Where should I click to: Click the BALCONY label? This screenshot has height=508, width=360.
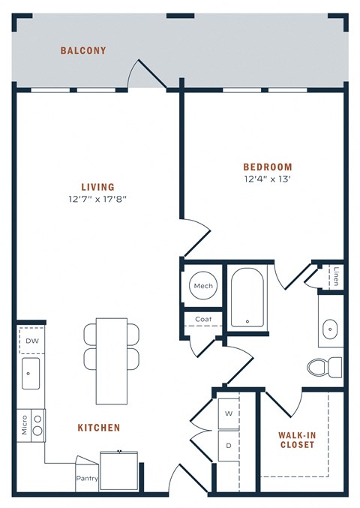coord(83,51)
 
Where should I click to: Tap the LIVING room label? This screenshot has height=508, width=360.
coord(98,187)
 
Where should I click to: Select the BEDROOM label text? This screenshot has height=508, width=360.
coord(267,167)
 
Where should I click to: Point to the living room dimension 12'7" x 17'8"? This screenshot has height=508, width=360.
coord(98,199)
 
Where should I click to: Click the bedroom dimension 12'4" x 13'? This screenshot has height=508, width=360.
coord(267,179)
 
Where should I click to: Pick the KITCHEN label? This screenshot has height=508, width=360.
coord(99,428)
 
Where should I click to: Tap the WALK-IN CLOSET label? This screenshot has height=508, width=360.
coord(296,439)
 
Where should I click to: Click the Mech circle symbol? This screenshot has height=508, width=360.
coord(203,286)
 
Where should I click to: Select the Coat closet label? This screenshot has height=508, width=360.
coord(203,319)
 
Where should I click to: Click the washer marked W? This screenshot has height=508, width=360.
coord(229,413)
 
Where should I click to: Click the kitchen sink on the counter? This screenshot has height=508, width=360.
coord(31,373)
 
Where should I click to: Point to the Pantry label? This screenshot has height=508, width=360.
coord(86,478)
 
